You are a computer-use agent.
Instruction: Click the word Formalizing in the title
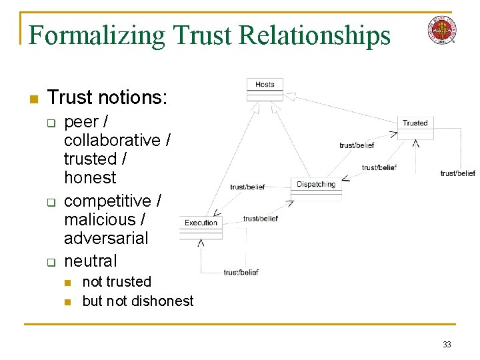click(x=97, y=35)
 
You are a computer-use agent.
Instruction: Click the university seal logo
click(x=442, y=30)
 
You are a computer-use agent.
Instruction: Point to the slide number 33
click(x=447, y=344)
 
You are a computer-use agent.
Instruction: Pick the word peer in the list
click(x=81, y=123)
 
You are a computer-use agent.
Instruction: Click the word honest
click(x=90, y=178)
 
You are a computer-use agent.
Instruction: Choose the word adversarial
click(x=106, y=238)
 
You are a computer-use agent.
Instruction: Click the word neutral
click(x=90, y=261)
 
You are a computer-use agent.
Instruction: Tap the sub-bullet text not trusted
click(x=117, y=282)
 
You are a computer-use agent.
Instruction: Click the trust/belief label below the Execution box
click(x=241, y=272)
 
